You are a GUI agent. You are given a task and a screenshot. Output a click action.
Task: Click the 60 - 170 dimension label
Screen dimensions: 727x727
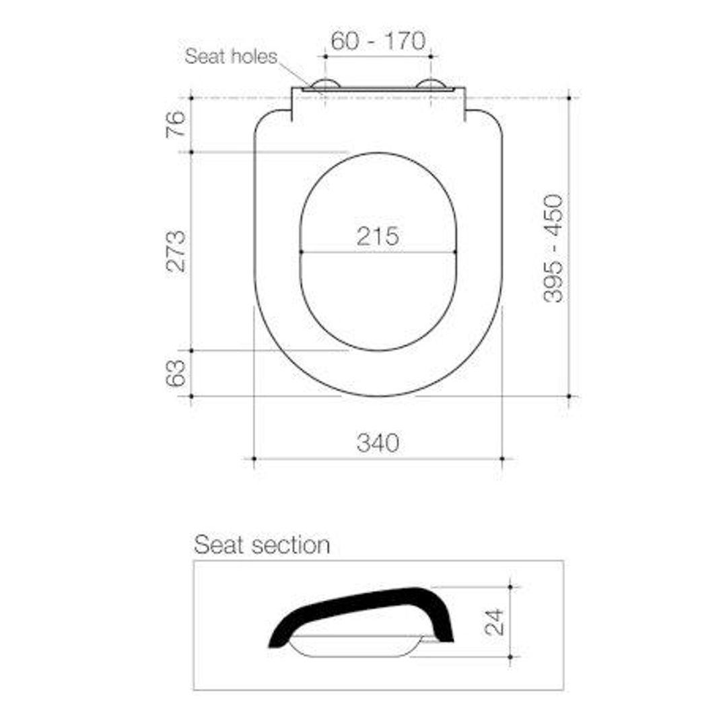[x=378, y=41]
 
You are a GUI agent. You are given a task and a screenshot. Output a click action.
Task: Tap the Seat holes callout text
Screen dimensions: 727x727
[x=231, y=57]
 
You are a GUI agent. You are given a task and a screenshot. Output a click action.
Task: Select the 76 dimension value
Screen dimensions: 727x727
[x=175, y=125]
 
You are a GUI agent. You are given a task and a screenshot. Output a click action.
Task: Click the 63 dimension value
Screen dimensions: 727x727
[x=175, y=373]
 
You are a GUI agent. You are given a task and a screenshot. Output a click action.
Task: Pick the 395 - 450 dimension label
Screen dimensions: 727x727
[x=553, y=248]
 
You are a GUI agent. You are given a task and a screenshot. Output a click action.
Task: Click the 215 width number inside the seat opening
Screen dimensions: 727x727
[x=378, y=236]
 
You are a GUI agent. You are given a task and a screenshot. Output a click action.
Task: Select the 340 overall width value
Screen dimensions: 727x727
[x=378, y=443]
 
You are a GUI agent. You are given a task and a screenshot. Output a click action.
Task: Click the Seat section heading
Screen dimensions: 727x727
[x=262, y=545]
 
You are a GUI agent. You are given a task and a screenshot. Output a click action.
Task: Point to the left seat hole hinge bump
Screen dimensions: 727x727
[x=326, y=84]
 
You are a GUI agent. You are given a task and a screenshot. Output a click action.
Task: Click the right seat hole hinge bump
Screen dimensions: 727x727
[x=431, y=84]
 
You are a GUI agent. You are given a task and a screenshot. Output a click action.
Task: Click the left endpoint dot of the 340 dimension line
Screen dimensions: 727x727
[x=254, y=458]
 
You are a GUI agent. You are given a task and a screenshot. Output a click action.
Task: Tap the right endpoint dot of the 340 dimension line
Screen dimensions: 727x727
[x=502, y=458]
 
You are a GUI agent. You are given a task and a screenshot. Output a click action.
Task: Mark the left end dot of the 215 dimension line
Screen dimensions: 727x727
[x=301, y=252]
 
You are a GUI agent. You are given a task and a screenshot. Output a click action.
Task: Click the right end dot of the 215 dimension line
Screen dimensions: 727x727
[x=456, y=252]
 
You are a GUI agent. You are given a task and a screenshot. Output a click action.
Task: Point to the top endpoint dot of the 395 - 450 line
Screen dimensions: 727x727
[x=569, y=98]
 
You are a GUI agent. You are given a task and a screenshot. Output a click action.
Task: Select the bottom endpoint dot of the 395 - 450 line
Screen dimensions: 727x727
[x=569, y=396]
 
